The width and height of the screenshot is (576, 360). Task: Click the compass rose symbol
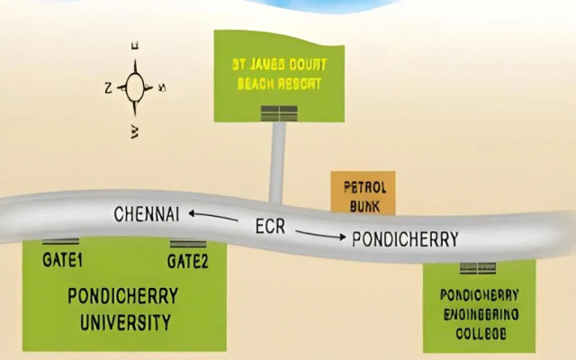(x=136, y=87)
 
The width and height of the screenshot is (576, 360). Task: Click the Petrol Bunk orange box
(x=364, y=196)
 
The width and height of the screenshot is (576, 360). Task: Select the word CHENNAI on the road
(x=148, y=214)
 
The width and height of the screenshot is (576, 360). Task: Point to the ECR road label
(x=269, y=227)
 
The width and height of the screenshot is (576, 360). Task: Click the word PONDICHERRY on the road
(x=405, y=239)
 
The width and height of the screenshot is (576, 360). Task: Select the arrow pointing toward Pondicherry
(x=319, y=236)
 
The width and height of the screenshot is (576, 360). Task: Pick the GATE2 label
(x=188, y=261)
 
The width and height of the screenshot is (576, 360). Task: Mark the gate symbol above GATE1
(x=60, y=242)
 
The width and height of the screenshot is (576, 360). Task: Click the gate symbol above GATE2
(x=188, y=244)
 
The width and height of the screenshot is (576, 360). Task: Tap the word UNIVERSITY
(x=123, y=321)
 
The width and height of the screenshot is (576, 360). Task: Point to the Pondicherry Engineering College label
(x=479, y=313)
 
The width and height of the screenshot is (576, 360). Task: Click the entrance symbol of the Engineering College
(x=477, y=267)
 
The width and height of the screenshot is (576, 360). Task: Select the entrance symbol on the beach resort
(x=278, y=112)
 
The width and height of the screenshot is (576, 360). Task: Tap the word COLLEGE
(x=480, y=334)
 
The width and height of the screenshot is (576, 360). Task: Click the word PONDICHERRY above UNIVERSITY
(x=123, y=296)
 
